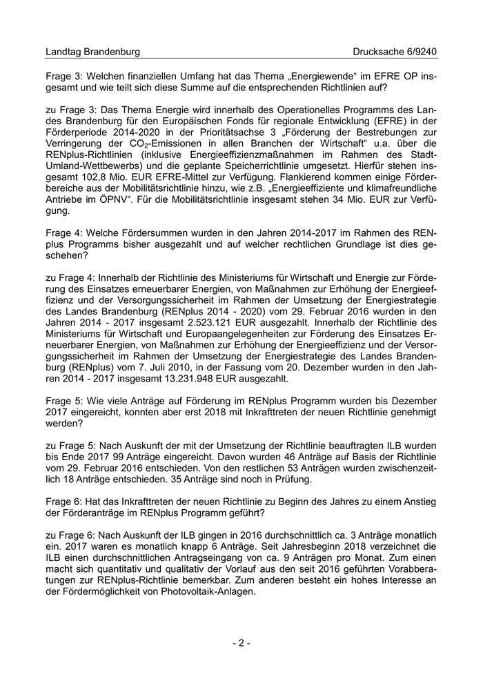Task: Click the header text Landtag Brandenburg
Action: [x=92, y=52]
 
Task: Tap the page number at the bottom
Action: [x=241, y=643]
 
